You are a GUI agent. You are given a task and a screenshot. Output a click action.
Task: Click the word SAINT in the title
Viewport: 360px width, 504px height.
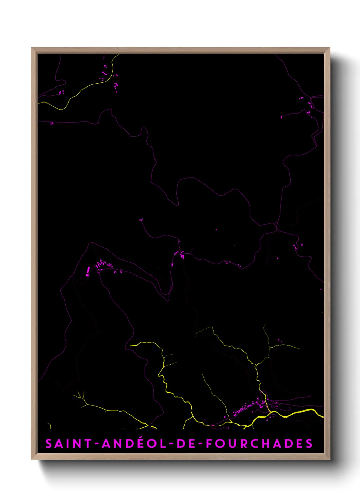pyautogui.click(x=68, y=443)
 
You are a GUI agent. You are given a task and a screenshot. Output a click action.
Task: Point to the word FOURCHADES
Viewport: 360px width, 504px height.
pyautogui.click(x=259, y=443)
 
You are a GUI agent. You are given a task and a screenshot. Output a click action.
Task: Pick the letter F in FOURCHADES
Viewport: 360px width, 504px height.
pyautogui.click(x=209, y=443)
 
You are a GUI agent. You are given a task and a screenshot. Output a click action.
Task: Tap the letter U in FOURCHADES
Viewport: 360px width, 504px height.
pyautogui.click(x=231, y=443)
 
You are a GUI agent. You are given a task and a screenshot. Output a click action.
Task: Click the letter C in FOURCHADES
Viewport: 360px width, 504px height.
pyautogui.click(x=253, y=443)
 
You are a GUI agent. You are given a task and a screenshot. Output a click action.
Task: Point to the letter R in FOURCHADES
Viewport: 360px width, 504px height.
pyautogui.click(x=243, y=443)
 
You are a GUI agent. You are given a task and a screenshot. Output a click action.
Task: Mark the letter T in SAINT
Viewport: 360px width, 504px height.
pyautogui.click(x=88, y=443)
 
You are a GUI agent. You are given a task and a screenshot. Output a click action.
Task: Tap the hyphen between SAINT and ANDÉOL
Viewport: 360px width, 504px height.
pyautogui.click(x=97, y=444)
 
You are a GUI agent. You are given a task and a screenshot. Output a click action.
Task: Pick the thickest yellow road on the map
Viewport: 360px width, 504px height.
pyautogui.click(x=299, y=412)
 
